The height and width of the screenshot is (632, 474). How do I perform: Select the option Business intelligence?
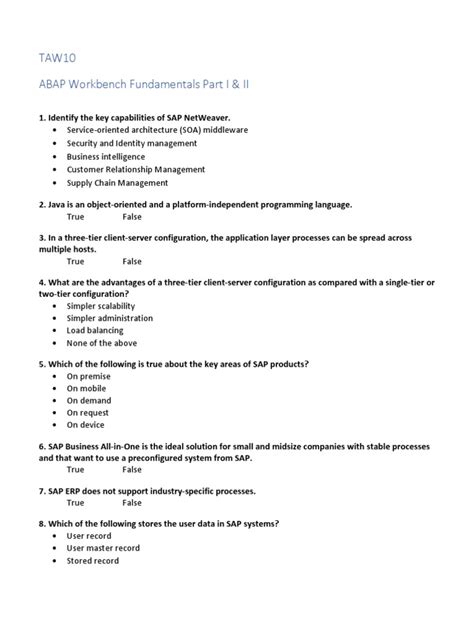pos(105,157)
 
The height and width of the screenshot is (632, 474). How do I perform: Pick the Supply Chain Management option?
pos(117,183)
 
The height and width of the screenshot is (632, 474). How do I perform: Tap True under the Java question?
pos(75,216)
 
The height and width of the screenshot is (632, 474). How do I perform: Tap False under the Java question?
pos(132,216)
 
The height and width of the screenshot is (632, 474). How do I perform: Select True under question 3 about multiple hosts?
pos(75,261)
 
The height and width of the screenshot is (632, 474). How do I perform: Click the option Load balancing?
pos(95,330)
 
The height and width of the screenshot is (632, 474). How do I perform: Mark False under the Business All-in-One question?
pos(132,469)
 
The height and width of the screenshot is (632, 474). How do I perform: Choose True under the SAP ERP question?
pos(75,503)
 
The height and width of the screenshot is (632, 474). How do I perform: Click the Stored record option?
pos(93,561)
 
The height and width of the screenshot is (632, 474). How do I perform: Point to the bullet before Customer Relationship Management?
pos(53,170)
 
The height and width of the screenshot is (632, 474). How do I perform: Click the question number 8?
pos(42,523)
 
